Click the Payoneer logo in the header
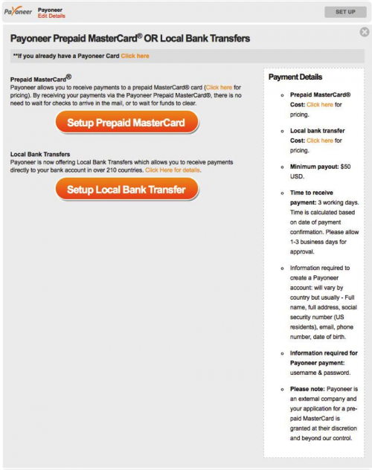(x=18, y=12)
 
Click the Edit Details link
(x=51, y=16)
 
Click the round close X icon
(x=364, y=32)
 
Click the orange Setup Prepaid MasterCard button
(x=127, y=123)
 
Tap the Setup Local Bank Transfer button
(x=127, y=190)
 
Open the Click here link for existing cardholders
(x=135, y=56)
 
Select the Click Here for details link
(x=173, y=170)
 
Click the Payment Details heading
(x=295, y=77)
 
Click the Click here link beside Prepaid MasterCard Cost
(x=320, y=105)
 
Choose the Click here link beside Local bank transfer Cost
(x=320, y=140)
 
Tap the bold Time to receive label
(x=312, y=193)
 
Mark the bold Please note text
(x=312, y=389)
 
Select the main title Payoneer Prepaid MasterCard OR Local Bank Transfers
(x=130, y=39)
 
